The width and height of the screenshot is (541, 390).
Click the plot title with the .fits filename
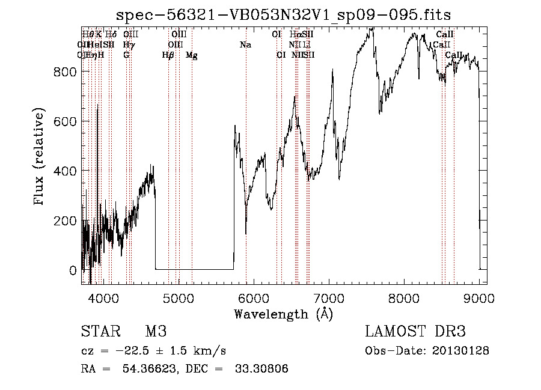point(283,14)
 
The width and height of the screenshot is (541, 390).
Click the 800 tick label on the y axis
point(66,72)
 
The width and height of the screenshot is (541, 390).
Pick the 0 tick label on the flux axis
point(73,270)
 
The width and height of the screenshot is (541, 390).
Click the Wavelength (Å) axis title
point(283,314)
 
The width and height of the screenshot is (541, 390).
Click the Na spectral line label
point(245,45)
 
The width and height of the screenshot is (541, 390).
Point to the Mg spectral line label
point(191,55)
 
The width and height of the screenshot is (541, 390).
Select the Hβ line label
point(168,55)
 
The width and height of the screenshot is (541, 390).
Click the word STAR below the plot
point(99,332)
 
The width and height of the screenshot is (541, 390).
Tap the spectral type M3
point(156,332)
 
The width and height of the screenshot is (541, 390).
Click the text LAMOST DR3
point(415,332)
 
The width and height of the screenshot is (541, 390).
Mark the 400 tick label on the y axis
point(66,171)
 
